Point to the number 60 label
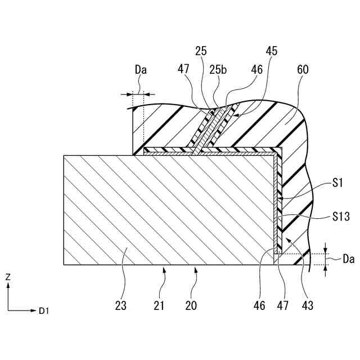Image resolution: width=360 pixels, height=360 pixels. tap(302, 70)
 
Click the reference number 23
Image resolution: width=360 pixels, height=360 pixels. tap(120, 306)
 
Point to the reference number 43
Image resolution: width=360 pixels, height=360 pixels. tap(308, 306)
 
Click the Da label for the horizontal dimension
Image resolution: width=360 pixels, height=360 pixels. tap(141, 70)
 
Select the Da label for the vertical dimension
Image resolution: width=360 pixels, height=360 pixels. tap(348, 260)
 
